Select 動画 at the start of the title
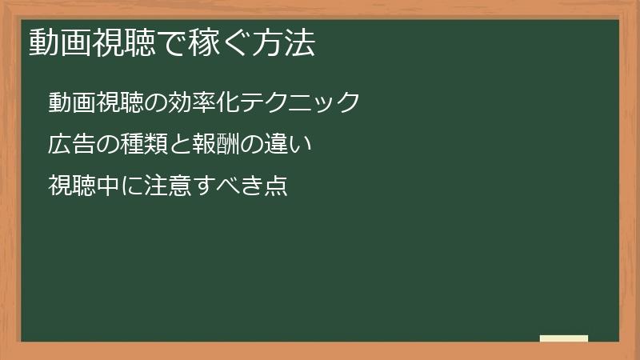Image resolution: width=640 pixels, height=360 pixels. pos(57,43)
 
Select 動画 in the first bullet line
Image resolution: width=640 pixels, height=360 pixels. pos(72,103)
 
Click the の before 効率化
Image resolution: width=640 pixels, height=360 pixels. pos(157,103)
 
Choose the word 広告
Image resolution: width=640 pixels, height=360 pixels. pos(72,145)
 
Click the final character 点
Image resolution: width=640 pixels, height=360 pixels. pos(276,186)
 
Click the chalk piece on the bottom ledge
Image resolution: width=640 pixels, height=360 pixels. pos(564,338)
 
